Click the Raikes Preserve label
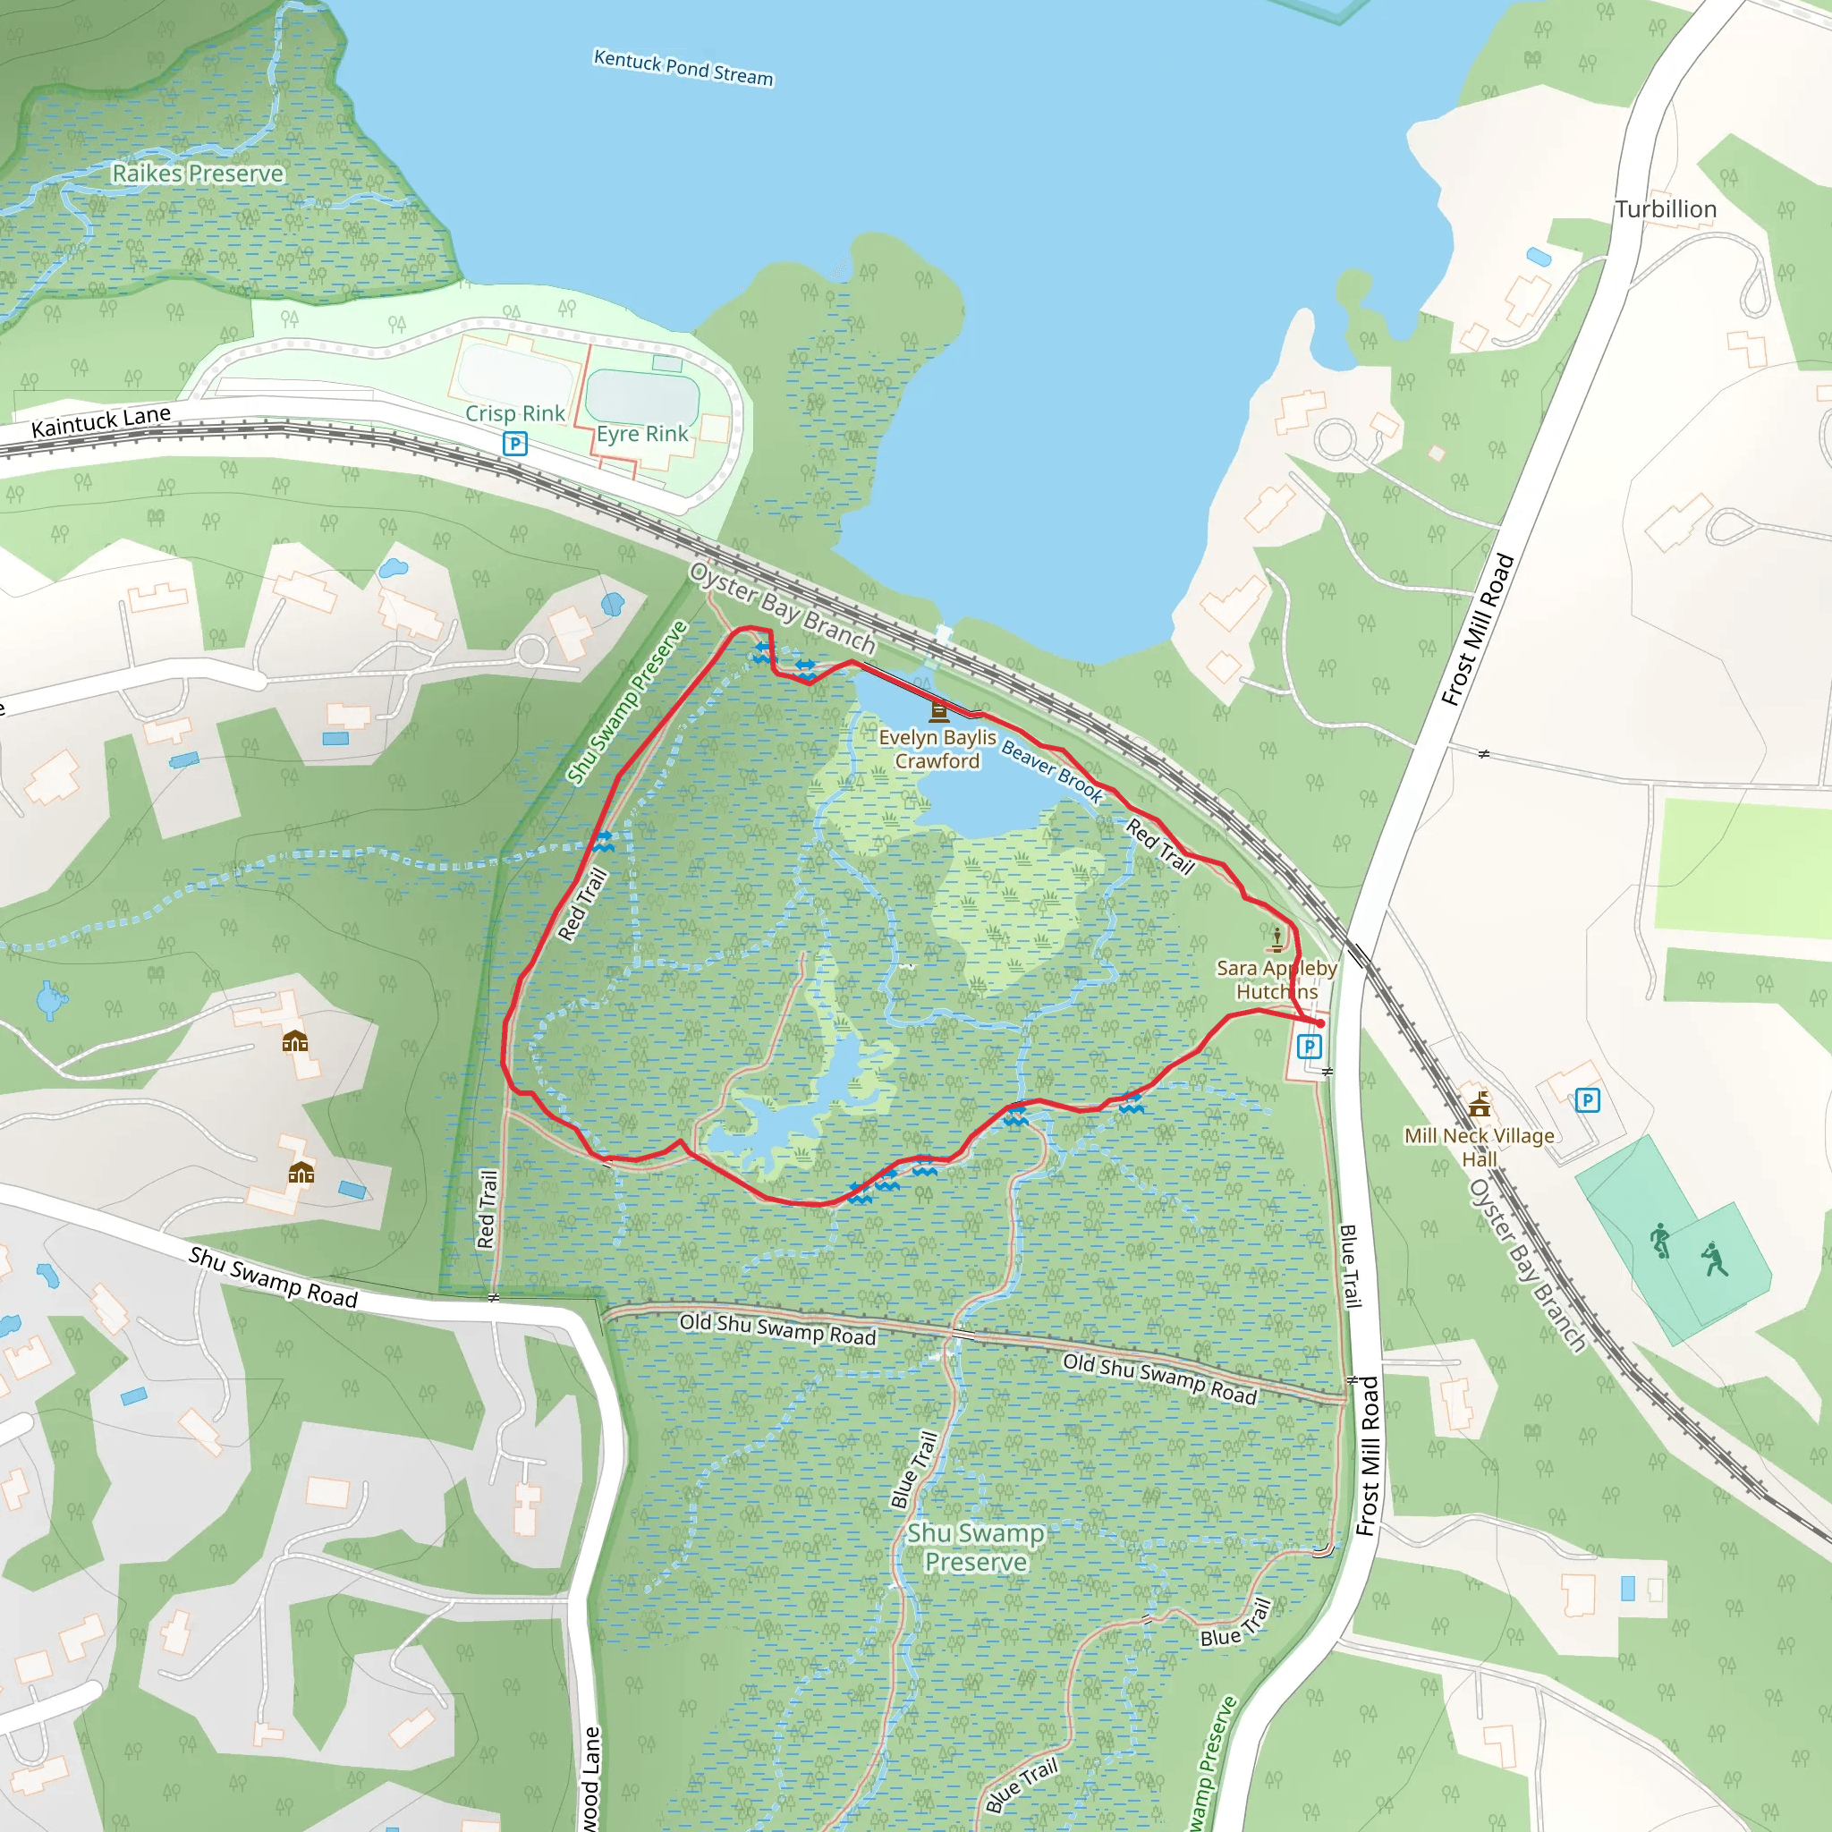coord(197,174)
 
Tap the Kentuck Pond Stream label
coord(683,68)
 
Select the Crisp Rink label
coord(515,413)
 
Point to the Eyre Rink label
coord(642,434)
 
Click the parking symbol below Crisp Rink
coord(515,443)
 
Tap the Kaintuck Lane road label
coord(100,421)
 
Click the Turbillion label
coord(1666,209)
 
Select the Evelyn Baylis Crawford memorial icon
coord(938,710)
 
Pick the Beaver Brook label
coord(1052,772)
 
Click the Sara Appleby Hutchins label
coord(1276,980)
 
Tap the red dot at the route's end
coord(1320,1024)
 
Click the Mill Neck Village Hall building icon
coord(1480,1104)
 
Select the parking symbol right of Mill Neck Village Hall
coord(1588,1100)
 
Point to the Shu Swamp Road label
coord(273,1277)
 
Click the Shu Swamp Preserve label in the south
coord(976,1548)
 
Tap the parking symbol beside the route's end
coord(1310,1047)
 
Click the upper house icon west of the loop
coord(295,1042)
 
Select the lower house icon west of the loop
coord(301,1173)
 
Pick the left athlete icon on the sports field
coord(1659,1241)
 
